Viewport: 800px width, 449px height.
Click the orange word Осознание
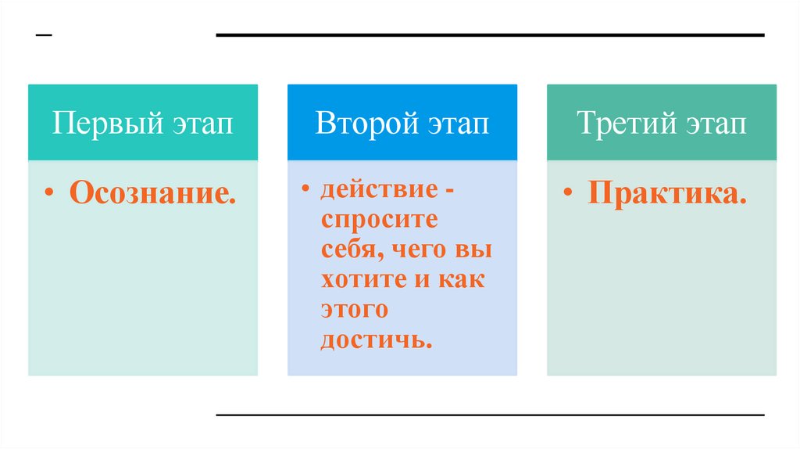tap(153, 193)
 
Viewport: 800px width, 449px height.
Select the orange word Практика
tap(667, 193)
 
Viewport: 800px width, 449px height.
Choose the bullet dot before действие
tap(306, 190)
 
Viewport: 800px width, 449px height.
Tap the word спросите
tap(379, 220)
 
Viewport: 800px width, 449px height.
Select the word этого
tap(354, 310)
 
